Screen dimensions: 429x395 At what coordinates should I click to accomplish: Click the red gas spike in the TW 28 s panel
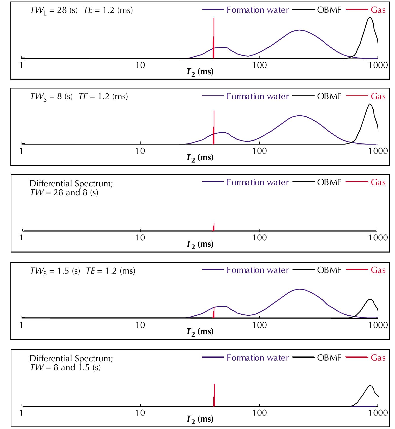point(214,38)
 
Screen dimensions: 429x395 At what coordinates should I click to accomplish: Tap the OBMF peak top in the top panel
point(370,17)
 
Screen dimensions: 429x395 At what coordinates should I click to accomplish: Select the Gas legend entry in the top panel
point(378,10)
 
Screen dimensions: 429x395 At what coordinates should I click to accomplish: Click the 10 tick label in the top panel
point(140,65)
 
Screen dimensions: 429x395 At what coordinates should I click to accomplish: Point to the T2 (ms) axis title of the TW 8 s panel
point(200,158)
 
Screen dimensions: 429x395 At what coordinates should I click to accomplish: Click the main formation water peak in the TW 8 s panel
point(299,116)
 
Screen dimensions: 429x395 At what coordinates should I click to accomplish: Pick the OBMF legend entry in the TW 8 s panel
point(329,96)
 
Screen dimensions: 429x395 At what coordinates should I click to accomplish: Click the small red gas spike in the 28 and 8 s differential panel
point(214,227)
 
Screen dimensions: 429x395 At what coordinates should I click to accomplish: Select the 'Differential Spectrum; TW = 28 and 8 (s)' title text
point(71,188)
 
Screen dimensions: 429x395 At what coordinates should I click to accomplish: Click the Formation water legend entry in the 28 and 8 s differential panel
point(257,182)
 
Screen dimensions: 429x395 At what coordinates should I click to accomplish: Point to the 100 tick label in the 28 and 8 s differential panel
point(260,238)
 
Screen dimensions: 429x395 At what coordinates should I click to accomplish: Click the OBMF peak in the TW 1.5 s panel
point(370,300)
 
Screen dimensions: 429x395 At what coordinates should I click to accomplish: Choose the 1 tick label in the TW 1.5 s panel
point(22,325)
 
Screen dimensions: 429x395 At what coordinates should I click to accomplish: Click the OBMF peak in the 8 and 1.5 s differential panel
point(370,386)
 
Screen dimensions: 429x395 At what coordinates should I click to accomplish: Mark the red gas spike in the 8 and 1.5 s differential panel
point(214,396)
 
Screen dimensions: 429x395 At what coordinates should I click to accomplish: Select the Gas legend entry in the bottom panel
point(378,358)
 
